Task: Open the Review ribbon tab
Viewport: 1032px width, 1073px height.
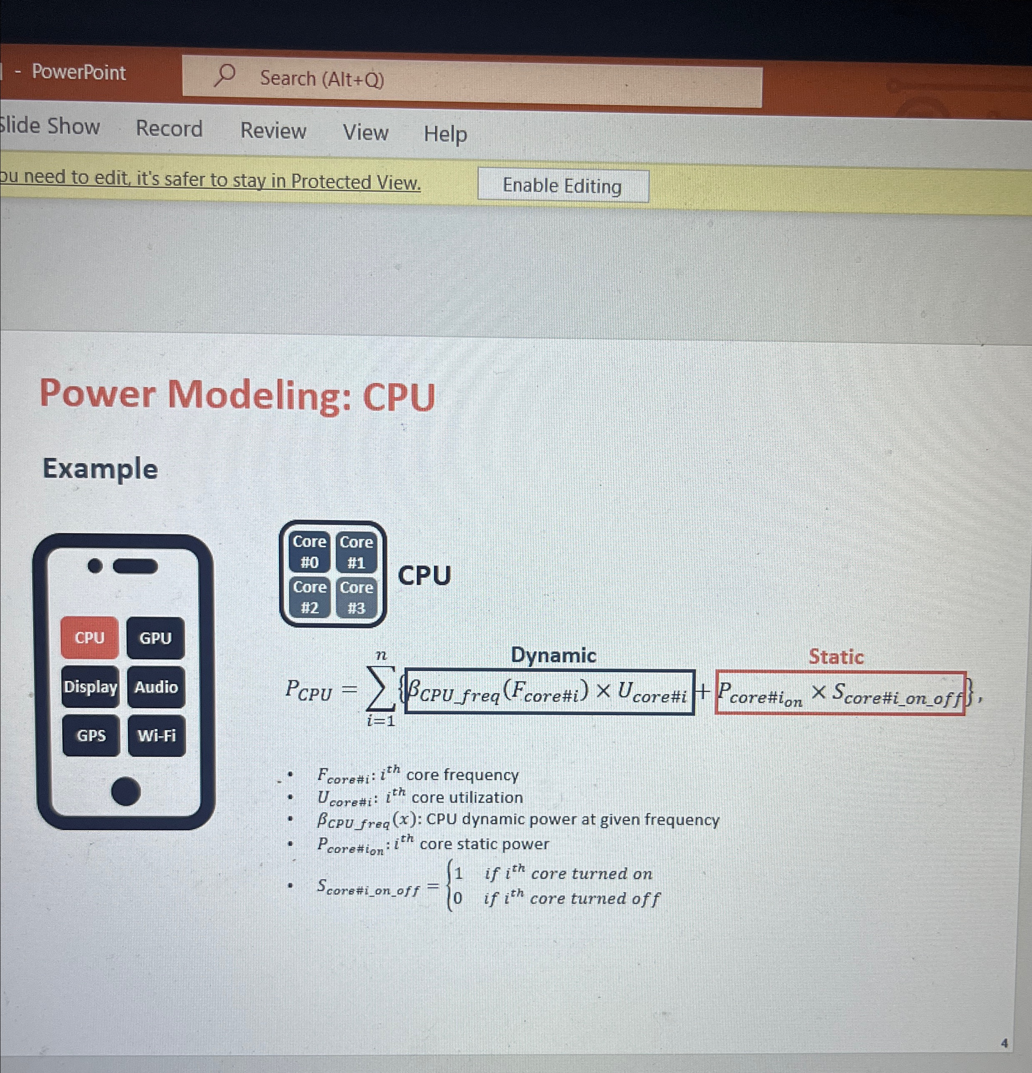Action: [x=273, y=131]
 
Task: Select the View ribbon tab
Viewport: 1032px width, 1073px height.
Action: [x=365, y=133]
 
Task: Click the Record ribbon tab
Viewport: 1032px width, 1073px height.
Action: [x=169, y=128]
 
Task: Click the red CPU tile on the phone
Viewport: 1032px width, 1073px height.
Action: [x=90, y=638]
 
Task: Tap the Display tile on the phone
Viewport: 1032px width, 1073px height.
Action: [x=90, y=687]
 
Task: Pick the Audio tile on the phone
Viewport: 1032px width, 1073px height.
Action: [x=156, y=688]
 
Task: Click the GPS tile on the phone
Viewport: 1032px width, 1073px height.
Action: [x=91, y=736]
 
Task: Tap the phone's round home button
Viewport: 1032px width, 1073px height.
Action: [x=126, y=792]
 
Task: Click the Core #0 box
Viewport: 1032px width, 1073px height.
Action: [x=309, y=552]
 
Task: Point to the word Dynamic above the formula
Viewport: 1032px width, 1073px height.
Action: [x=553, y=655]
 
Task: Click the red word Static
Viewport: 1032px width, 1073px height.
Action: [x=836, y=657]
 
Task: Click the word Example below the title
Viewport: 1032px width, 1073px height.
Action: [x=100, y=469]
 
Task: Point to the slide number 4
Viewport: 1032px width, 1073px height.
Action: [x=1004, y=1043]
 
